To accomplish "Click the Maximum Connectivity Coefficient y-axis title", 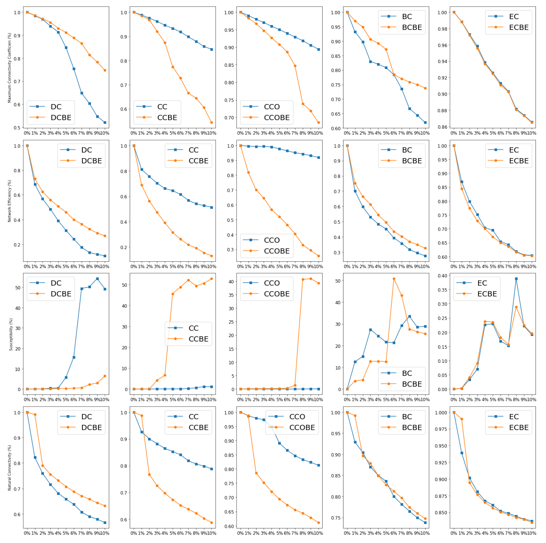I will (9, 68).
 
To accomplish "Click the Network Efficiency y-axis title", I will (9, 201).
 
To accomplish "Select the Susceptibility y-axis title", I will (11, 334).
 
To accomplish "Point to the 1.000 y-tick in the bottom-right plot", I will (441, 413).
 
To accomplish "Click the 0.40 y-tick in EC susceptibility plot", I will (443, 276).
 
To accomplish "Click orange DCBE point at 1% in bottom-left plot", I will (35, 415).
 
